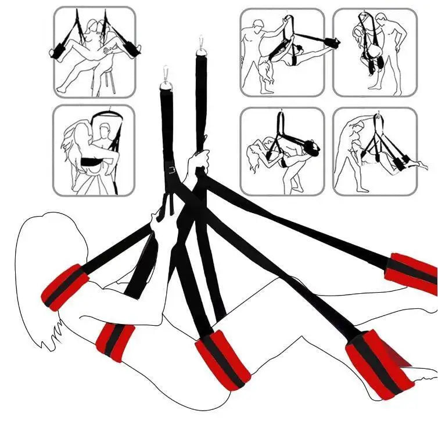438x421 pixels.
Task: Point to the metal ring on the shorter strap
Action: click(x=166, y=88)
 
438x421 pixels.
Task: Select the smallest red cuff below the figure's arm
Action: click(x=115, y=343)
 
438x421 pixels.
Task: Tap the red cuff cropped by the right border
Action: click(x=412, y=273)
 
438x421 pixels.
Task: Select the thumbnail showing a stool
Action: click(x=95, y=52)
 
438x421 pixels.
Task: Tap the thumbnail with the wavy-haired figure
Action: click(x=93, y=150)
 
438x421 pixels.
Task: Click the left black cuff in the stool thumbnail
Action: click(x=60, y=52)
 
